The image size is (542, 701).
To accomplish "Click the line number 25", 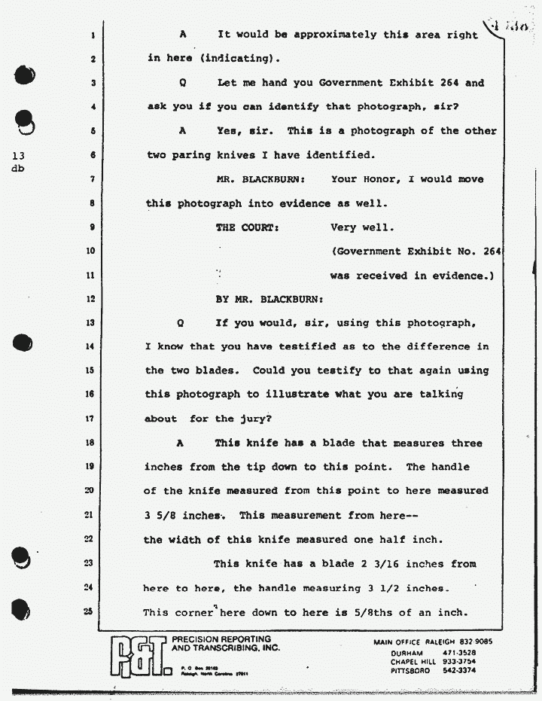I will point(89,612).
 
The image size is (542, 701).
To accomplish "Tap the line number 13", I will point(89,322).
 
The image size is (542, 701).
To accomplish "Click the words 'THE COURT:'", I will point(248,227).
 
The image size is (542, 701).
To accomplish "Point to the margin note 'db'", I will point(17,169).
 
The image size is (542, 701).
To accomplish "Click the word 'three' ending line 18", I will point(467,443).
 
